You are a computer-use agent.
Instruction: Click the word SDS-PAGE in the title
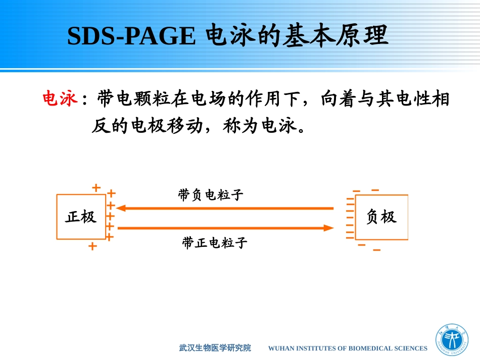coord(131,36)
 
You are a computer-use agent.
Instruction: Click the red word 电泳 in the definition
coord(59,99)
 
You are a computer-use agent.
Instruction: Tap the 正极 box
coord(81,217)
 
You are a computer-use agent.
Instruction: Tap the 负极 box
coord(381,217)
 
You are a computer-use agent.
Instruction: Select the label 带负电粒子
coord(211,195)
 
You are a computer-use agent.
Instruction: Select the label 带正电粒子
coord(215,243)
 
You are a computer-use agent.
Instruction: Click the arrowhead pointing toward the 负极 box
coord(329,228)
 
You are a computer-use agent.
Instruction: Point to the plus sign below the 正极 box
coord(92,246)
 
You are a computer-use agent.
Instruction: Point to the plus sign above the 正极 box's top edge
coord(97,188)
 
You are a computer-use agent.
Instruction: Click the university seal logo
coord(452,341)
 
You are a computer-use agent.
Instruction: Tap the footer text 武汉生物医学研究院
coord(215,348)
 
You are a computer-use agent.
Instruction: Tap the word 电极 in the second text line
coord(148,126)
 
